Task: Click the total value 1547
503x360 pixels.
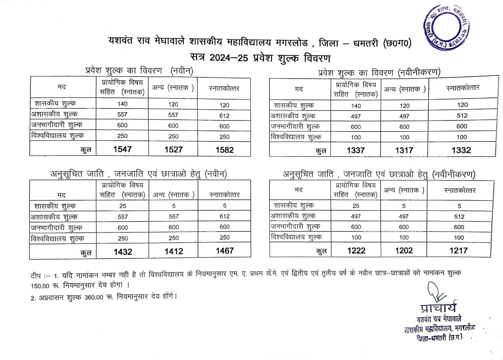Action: click(x=123, y=150)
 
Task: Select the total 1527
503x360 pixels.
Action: click(x=173, y=150)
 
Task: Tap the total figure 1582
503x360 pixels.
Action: click(x=224, y=150)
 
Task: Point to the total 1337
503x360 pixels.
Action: click(x=355, y=150)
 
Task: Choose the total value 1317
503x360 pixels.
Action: click(x=404, y=150)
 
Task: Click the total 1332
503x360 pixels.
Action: click(x=461, y=150)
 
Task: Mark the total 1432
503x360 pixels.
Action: click(x=123, y=252)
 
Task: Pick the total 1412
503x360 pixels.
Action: click(x=173, y=252)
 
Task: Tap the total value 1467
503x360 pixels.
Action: click(x=224, y=250)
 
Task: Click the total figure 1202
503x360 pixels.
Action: click(x=404, y=251)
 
